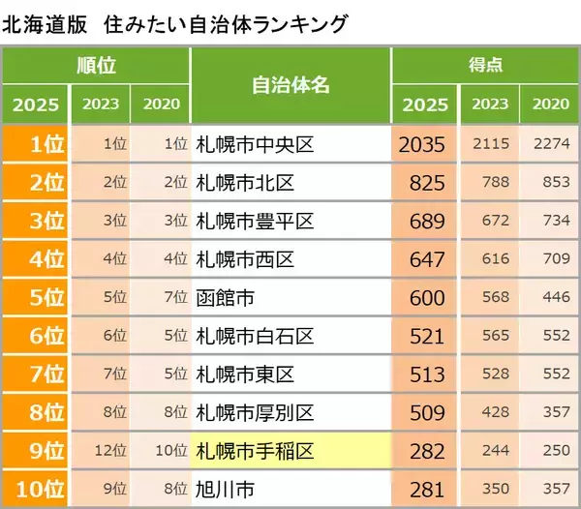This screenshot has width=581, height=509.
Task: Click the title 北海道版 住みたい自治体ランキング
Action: (x=174, y=22)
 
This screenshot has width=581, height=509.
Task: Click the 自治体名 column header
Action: (x=290, y=85)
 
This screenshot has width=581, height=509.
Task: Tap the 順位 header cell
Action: (x=96, y=66)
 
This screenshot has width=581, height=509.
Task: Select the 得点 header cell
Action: (x=484, y=66)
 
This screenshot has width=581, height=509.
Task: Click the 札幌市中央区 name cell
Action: (x=290, y=145)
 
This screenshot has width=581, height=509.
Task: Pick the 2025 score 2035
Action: (x=424, y=145)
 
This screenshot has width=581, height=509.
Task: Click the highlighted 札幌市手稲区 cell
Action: (x=290, y=451)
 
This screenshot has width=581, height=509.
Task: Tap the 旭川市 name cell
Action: (x=290, y=490)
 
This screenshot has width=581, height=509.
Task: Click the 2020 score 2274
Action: (x=551, y=145)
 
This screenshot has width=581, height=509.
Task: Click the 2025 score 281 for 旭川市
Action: (x=424, y=490)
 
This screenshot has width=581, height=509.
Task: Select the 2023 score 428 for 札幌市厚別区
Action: (x=491, y=413)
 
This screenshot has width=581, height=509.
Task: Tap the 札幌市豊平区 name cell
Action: (x=290, y=222)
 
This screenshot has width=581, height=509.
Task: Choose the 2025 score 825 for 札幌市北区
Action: (x=424, y=183)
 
